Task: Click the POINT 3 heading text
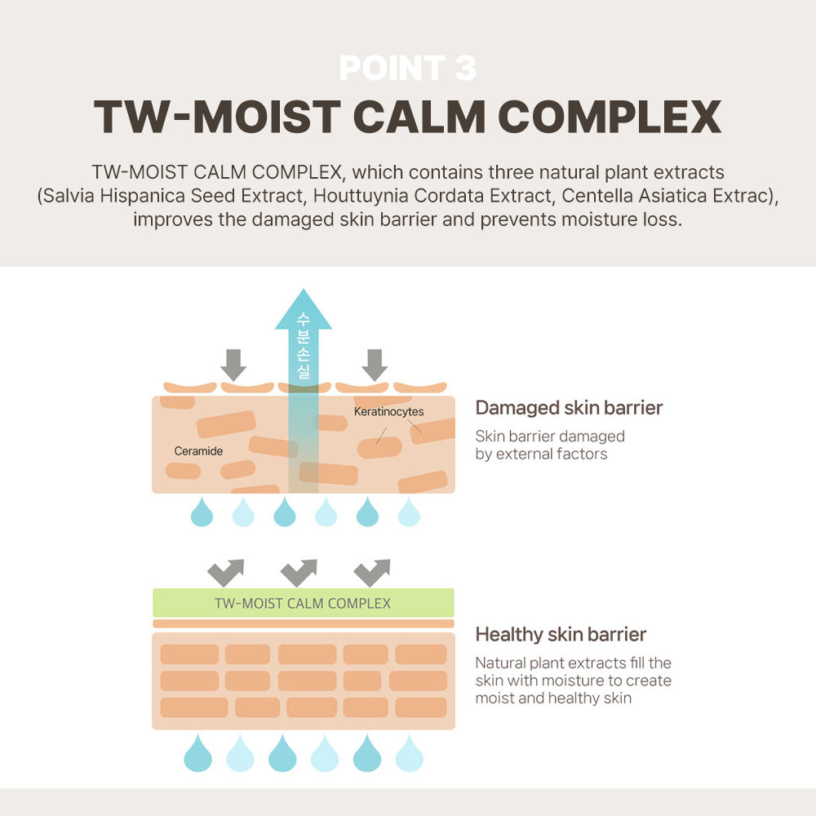tap(407, 68)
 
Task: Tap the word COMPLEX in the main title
tap(610, 118)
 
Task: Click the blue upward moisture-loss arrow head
tap(303, 310)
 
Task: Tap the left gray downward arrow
tap(233, 364)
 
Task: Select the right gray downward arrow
tap(375, 364)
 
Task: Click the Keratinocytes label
tap(388, 412)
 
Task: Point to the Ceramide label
tap(198, 450)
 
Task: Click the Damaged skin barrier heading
tap(569, 407)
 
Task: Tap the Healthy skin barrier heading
tap(561, 634)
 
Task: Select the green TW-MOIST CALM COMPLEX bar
tap(303, 603)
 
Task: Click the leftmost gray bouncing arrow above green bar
tap(226, 572)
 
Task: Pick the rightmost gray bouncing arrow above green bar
tap(372, 572)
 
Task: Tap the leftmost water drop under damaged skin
tap(202, 512)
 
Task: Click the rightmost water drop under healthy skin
tap(409, 753)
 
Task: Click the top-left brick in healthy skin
tap(189, 654)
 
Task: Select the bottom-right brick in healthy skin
tap(420, 707)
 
